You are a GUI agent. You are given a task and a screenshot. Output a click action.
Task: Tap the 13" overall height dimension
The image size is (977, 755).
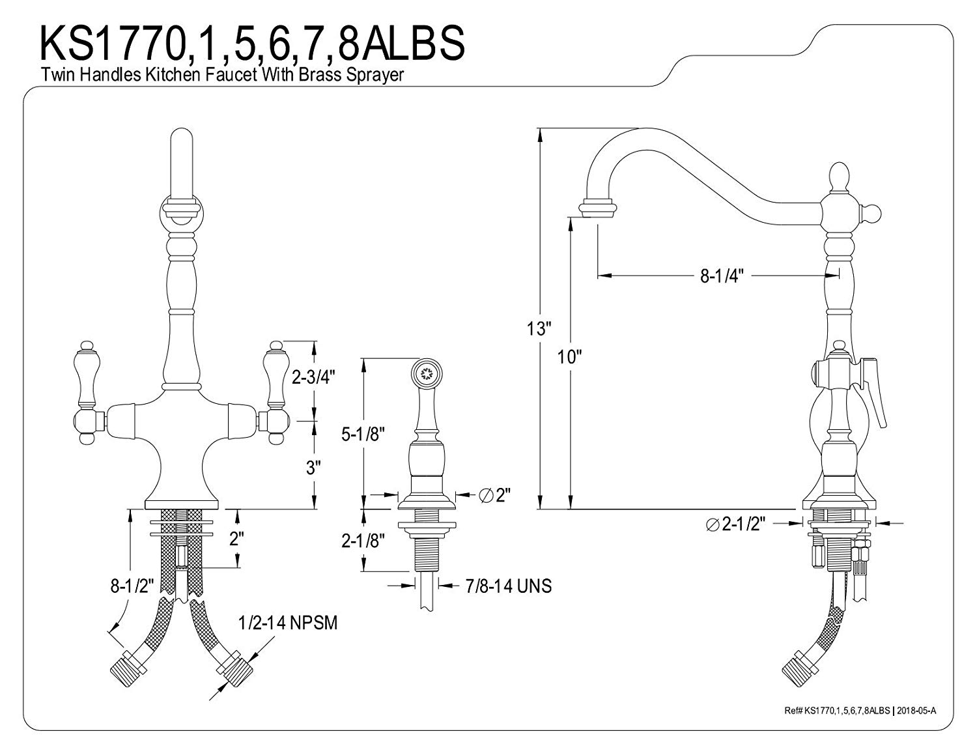pyautogui.click(x=539, y=328)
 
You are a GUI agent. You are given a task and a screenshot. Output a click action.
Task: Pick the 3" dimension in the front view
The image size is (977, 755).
pyautogui.click(x=314, y=467)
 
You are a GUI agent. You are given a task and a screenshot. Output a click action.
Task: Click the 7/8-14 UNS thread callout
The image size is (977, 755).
pyautogui.click(x=507, y=586)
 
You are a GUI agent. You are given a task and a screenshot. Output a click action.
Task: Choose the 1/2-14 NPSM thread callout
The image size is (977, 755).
pyautogui.click(x=288, y=623)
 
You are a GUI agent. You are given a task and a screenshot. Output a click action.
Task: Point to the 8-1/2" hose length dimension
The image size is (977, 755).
pyautogui.click(x=132, y=586)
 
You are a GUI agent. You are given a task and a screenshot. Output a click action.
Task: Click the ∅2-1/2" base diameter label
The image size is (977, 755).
pyautogui.click(x=736, y=523)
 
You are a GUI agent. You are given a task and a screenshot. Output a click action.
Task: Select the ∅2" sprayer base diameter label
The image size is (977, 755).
pyautogui.click(x=494, y=496)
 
